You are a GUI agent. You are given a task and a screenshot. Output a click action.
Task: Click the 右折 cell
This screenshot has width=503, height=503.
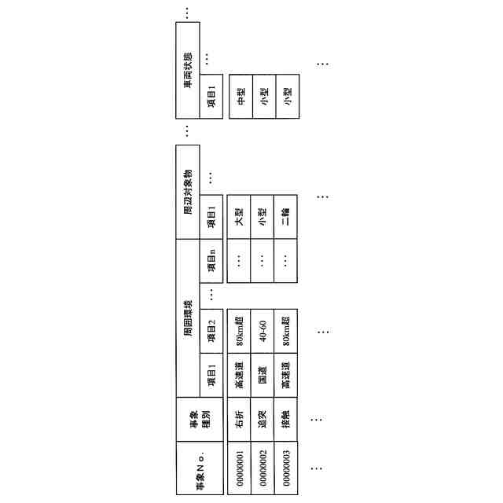pyautogui.click(x=240, y=420)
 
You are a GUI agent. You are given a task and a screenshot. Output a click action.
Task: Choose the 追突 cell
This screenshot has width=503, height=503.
pyautogui.click(x=263, y=420)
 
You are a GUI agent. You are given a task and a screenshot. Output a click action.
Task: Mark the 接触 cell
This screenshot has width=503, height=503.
pyautogui.click(x=287, y=420)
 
